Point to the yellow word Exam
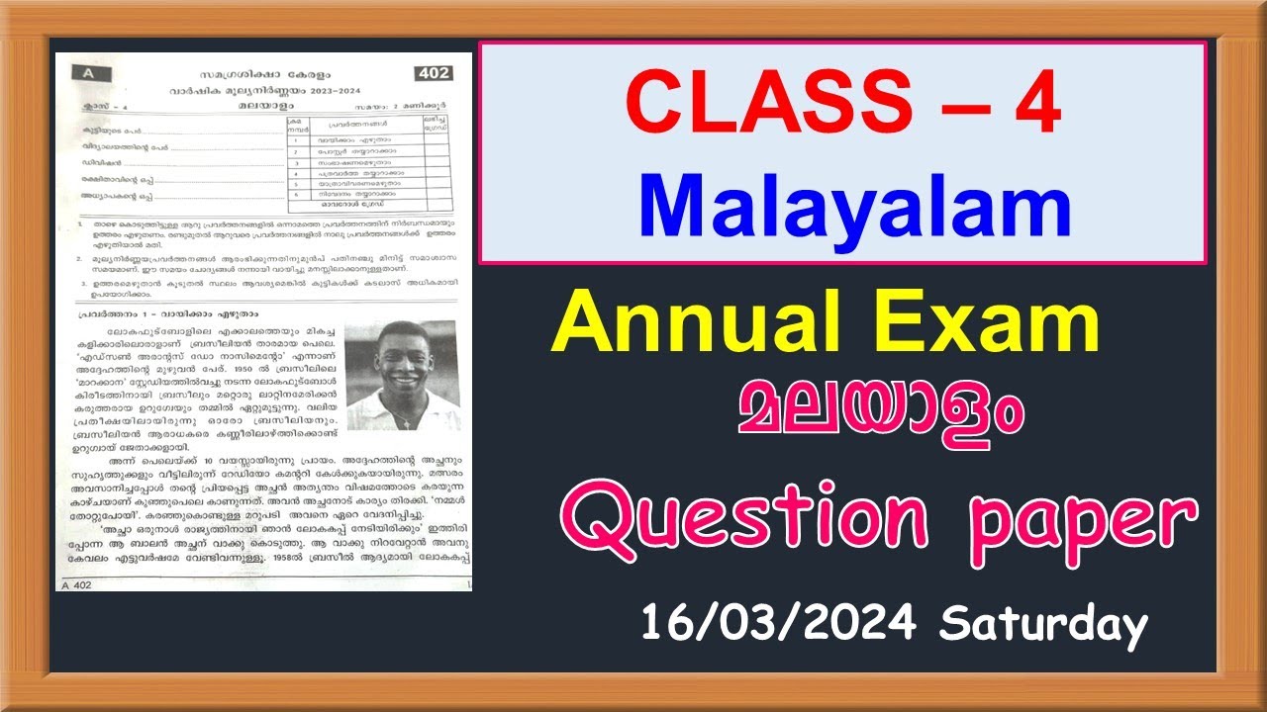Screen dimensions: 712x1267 coord(1000,327)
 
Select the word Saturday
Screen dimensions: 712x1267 coord(1044,625)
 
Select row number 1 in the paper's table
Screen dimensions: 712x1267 coord(296,140)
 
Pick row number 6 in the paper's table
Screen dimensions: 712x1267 coord(296,196)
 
